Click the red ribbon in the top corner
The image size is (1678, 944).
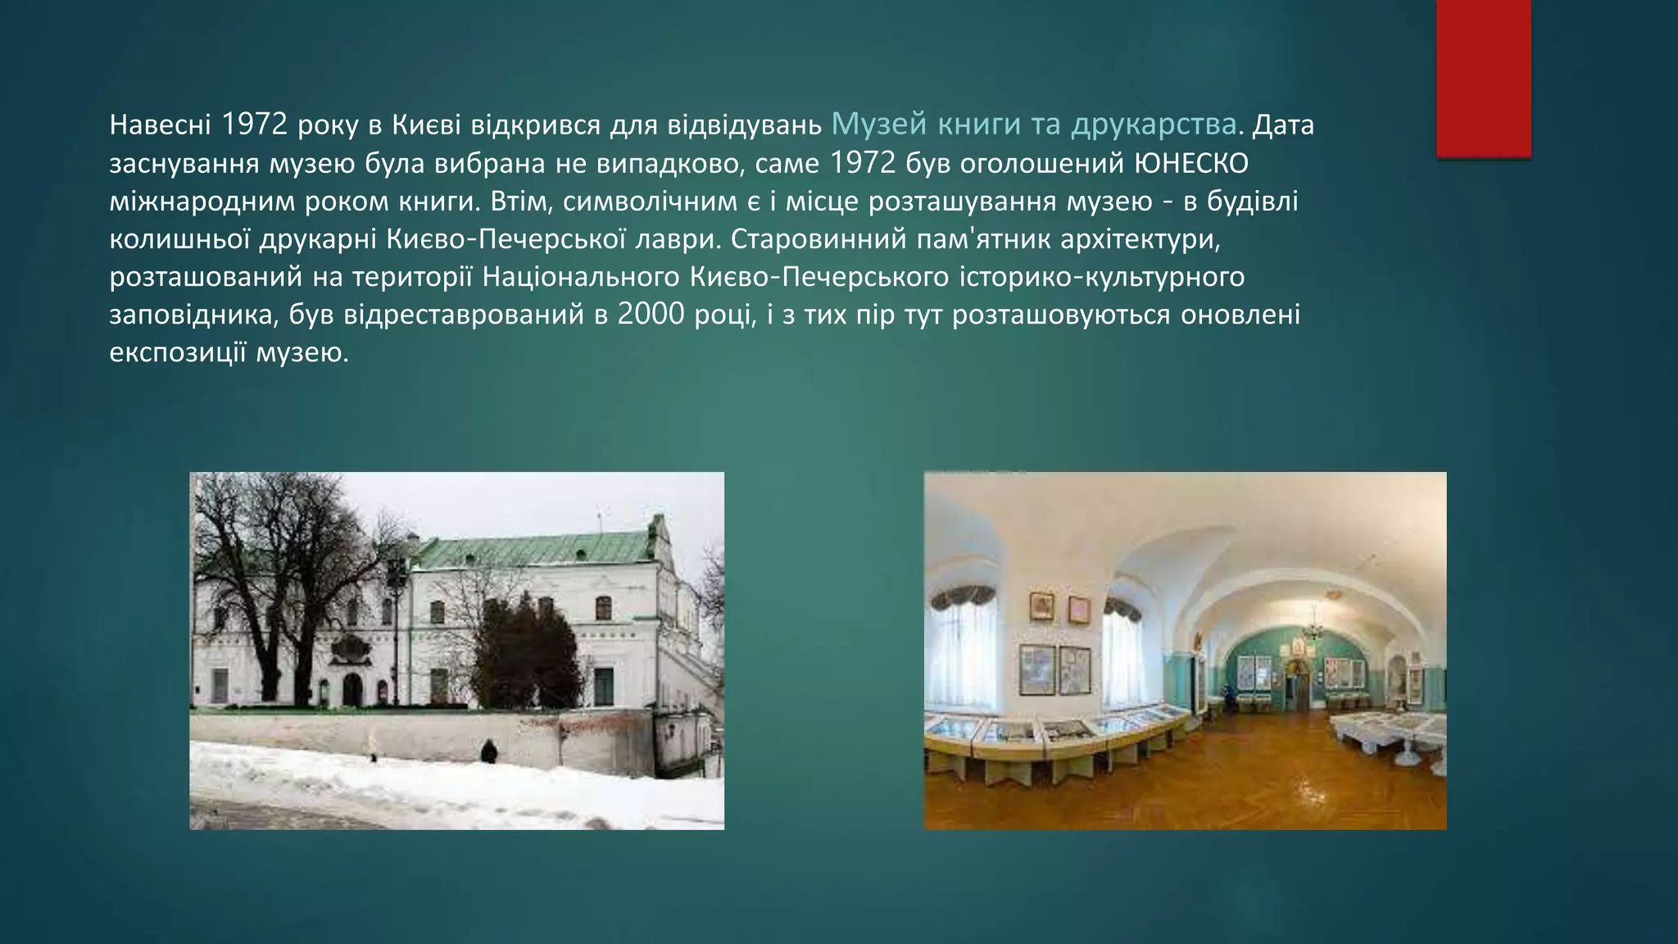coord(1483,78)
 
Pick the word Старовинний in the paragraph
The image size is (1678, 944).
coord(819,239)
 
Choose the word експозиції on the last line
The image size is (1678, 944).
coord(178,353)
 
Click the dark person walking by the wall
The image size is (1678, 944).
coord(488,751)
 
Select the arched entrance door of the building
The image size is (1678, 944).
coord(351,689)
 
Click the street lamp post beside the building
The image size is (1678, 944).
coord(398,623)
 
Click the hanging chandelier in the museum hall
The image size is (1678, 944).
coord(1312,626)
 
